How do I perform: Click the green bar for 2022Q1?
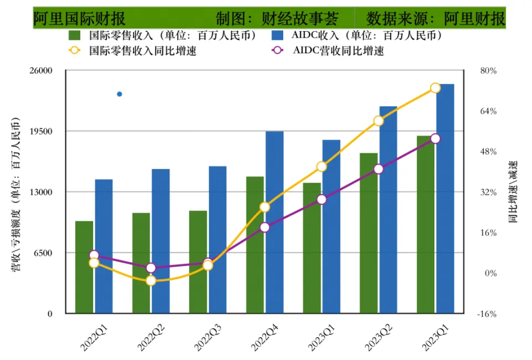pos(84,267)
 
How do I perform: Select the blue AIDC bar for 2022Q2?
pos(161,241)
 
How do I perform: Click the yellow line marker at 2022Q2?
pos(151,281)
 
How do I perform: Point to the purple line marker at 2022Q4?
pos(265,227)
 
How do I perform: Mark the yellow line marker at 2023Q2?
pos(378,121)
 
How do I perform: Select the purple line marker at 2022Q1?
pos(94,255)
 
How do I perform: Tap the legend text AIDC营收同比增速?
pos(338,51)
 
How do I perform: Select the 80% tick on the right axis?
pos(488,71)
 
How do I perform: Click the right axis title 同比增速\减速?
pos(512,192)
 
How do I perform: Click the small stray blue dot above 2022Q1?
pos(119,94)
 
